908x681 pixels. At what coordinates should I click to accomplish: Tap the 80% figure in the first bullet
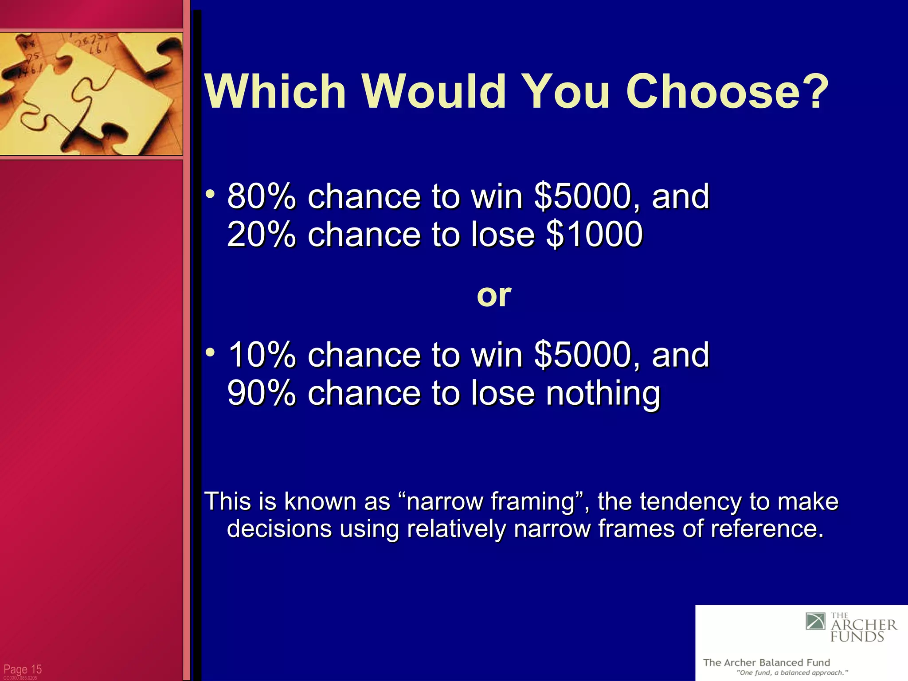pyautogui.click(x=261, y=196)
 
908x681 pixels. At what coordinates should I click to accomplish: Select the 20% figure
pyautogui.click(x=261, y=234)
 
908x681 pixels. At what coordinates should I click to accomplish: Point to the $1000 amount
pyautogui.click(x=594, y=234)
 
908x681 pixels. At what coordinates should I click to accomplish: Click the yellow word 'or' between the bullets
pyautogui.click(x=494, y=295)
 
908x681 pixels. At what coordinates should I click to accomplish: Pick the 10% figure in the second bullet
pyautogui.click(x=261, y=355)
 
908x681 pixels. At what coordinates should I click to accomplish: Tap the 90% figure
pyautogui.click(x=261, y=393)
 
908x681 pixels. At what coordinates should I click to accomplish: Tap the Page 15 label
pyautogui.click(x=22, y=669)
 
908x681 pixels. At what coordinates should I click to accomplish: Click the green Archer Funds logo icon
pyautogui.click(x=815, y=621)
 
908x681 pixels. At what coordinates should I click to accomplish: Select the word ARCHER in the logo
pyautogui.click(x=864, y=625)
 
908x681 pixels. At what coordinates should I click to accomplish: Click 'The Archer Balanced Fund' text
pyautogui.click(x=766, y=662)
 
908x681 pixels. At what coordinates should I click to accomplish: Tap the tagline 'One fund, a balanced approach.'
pyautogui.click(x=792, y=673)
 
